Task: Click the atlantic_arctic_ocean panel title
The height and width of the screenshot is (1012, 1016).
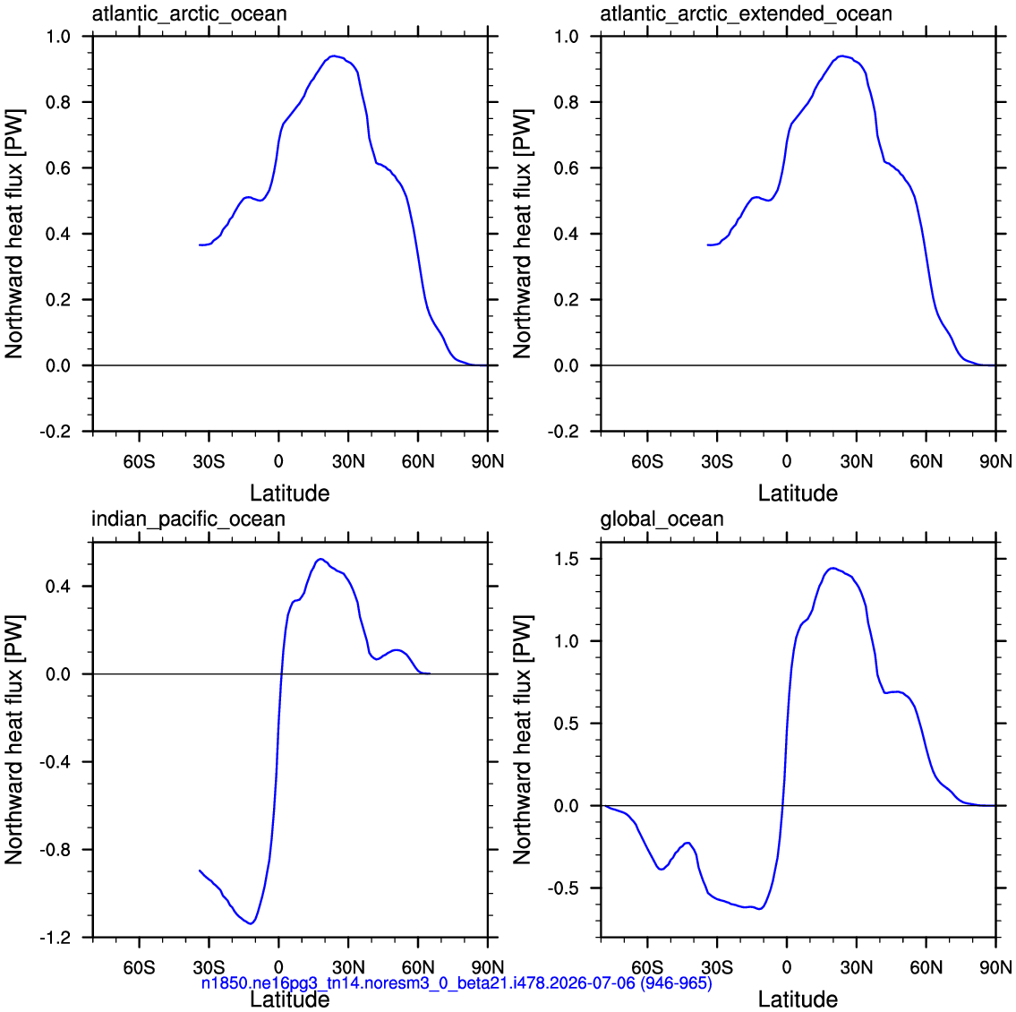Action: (189, 13)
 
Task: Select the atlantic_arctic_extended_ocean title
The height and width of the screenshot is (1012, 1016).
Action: (746, 13)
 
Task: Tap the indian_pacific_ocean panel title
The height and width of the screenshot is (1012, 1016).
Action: (188, 519)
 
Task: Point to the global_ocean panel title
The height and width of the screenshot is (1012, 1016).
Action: (662, 519)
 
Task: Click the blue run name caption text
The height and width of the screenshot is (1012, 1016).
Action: (457, 982)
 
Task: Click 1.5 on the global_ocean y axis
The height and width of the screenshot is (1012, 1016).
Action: (567, 559)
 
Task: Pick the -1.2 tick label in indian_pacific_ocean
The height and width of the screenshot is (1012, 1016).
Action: (55, 938)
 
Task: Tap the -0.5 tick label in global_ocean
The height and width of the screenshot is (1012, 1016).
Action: (564, 888)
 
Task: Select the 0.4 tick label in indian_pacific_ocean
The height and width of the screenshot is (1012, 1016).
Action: (58, 587)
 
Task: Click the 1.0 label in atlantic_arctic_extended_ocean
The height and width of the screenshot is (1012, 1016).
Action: (567, 37)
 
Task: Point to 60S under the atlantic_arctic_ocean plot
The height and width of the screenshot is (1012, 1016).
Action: (140, 461)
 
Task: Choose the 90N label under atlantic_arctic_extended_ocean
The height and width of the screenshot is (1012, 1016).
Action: (996, 461)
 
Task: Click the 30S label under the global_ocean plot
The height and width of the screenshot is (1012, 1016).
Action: (717, 968)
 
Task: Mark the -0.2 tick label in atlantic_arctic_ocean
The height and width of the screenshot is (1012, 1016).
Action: (55, 432)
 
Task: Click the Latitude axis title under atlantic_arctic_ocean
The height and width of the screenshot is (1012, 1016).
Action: (290, 493)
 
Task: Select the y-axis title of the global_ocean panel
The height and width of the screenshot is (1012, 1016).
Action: (522, 741)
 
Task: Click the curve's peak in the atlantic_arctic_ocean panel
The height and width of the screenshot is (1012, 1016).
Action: (333, 56)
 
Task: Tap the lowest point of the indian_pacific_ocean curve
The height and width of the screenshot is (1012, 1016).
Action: (251, 923)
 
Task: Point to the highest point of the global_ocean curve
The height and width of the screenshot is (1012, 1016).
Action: (832, 569)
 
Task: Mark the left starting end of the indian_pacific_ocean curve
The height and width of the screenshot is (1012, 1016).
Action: (200, 870)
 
